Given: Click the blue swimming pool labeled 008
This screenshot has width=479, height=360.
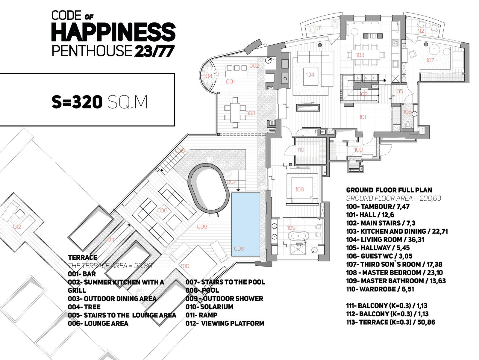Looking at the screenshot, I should coord(245,224).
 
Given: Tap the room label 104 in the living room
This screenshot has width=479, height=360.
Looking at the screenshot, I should coord(310,75).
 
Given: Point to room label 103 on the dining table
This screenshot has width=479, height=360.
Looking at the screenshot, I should coord(360,55).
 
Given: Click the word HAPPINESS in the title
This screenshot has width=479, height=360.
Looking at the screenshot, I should coord(113,32).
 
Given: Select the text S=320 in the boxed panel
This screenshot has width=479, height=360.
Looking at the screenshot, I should coord(77,102).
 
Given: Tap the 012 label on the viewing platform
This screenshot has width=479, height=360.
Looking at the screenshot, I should coord(17,227).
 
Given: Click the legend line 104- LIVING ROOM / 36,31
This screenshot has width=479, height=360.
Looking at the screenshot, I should coord(385,240).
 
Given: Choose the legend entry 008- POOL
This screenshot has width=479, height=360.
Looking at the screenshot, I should coord(202,290).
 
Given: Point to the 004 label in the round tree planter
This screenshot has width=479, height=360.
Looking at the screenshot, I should coord(207,76).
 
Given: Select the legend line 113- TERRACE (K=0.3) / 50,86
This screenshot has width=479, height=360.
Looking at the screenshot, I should coord(390,322).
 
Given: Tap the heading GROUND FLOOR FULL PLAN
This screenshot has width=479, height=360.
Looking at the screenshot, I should coord(389,190).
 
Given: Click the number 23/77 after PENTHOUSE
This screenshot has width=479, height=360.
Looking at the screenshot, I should coord(154,51).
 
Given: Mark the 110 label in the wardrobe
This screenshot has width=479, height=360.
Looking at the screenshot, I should coord(301,150).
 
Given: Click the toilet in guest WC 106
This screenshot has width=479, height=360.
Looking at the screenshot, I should coord(408,124).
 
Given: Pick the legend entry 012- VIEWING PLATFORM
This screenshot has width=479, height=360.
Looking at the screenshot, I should coord(225,323).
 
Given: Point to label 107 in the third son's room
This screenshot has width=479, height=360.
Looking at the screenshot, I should coord(430,60).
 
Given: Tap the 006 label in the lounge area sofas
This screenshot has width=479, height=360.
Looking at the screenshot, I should coord(162,211).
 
